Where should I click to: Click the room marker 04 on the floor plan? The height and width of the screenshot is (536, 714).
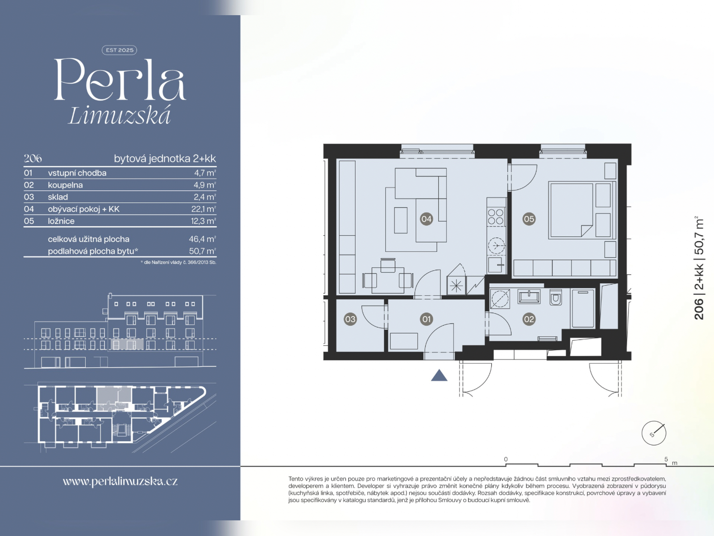[x=426, y=219]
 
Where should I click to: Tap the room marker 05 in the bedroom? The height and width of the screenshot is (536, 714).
[x=529, y=219]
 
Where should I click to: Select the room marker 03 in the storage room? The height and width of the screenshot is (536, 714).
[x=350, y=319]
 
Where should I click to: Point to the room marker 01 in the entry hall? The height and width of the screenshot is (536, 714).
[x=427, y=319]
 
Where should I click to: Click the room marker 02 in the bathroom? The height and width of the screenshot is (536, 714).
[x=529, y=319]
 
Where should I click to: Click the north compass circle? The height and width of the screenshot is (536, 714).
[x=654, y=433]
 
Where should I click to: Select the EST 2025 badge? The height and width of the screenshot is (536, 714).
[x=120, y=50]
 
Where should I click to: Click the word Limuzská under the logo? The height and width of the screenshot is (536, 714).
[x=120, y=116]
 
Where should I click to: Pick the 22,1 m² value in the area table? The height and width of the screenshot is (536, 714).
[x=203, y=209]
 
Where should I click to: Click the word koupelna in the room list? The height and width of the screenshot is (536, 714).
[x=65, y=185]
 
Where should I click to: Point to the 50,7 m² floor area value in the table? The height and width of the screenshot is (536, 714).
[x=202, y=251]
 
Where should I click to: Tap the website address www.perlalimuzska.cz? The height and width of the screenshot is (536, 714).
[x=120, y=482]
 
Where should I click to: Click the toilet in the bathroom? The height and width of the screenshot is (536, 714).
[x=556, y=297]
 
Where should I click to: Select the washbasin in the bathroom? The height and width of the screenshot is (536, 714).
[x=529, y=297]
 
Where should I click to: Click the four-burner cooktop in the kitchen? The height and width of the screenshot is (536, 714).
[x=496, y=217]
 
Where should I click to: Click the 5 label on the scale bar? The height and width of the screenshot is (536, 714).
[x=666, y=459]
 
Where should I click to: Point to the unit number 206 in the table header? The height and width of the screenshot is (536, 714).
[x=33, y=159]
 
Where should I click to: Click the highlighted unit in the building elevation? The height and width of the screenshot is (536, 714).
[x=127, y=344]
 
